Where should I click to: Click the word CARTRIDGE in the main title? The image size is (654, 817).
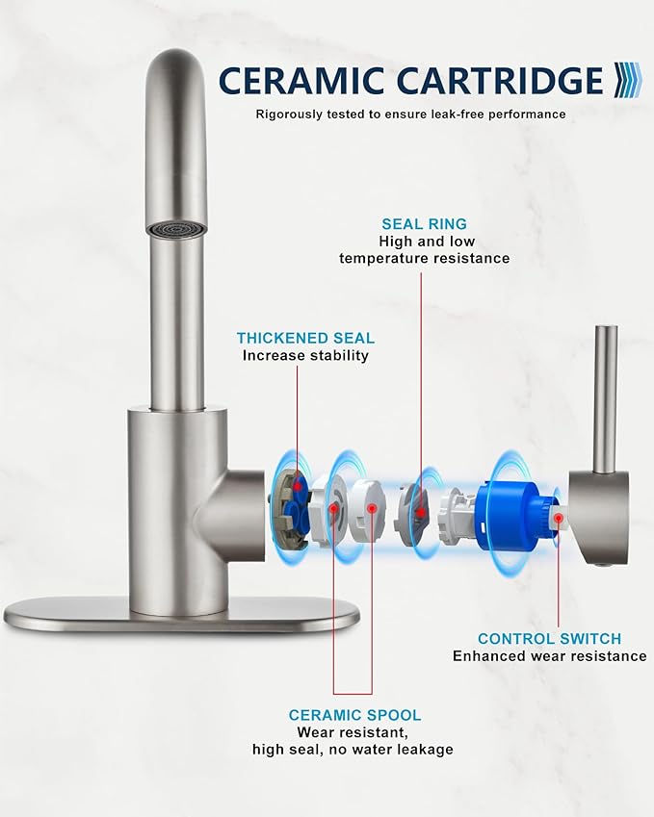click(500, 81)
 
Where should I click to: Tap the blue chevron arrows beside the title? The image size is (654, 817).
click(627, 80)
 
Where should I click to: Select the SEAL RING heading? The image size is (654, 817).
click(424, 224)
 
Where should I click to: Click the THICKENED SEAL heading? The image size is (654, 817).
click(305, 338)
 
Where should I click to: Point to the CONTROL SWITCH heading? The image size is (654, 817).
click(550, 639)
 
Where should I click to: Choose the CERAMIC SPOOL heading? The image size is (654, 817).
click(354, 715)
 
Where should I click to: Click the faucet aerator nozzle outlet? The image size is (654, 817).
click(176, 229)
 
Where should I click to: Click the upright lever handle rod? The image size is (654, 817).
click(606, 399)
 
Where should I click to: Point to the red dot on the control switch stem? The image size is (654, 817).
click(558, 518)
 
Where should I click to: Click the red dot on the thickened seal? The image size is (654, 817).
click(297, 487)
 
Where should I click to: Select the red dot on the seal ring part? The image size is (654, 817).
click(420, 513)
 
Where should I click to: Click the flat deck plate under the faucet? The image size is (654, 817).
click(181, 616)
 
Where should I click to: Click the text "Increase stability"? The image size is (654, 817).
click(305, 356)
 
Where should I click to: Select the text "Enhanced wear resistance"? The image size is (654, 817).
click(550, 656)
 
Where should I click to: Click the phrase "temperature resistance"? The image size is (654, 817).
click(425, 259)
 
